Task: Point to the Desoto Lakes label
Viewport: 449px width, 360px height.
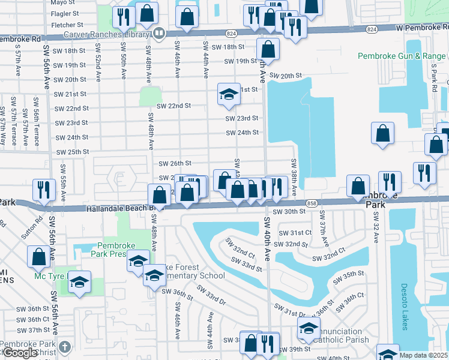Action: click(x=404, y=307)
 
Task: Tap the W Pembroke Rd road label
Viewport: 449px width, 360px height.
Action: click(x=422, y=28)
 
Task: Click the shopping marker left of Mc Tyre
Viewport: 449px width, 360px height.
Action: click(x=39, y=256)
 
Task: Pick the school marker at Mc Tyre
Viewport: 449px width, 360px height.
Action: click(x=79, y=282)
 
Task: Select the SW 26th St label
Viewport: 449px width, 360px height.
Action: click(x=174, y=163)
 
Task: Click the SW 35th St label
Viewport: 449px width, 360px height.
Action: click(x=358, y=274)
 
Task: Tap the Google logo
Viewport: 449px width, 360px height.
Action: click(x=20, y=353)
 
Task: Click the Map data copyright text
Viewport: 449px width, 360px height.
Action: click(x=423, y=355)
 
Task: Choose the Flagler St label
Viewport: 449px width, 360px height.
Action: click(x=65, y=13)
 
